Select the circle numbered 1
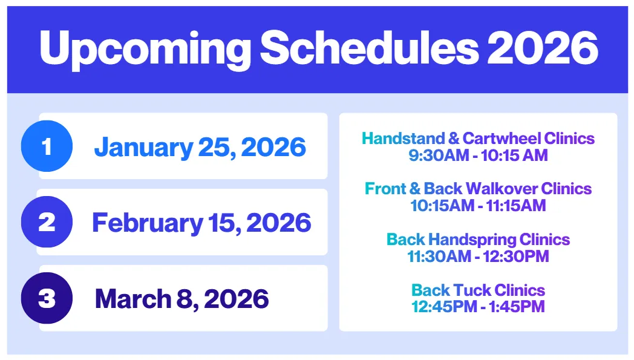[x=47, y=146]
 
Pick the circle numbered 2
[x=47, y=221]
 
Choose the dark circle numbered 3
[x=47, y=298]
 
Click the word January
[x=143, y=148]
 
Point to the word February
[x=148, y=224]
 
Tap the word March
[x=133, y=299]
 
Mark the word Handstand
[x=403, y=139]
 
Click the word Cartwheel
[x=502, y=139]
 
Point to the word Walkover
[x=502, y=189]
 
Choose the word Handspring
[x=472, y=240]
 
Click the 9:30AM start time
[x=439, y=155]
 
